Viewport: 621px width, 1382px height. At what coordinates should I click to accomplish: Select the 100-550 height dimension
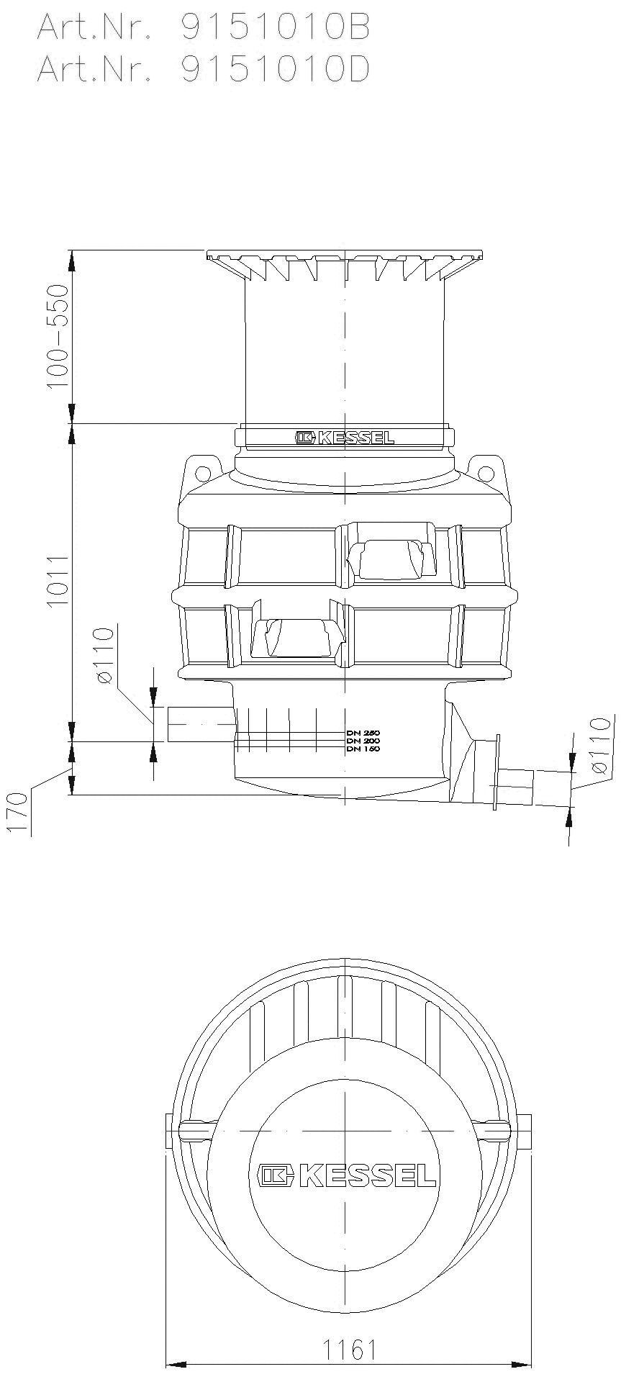pos(57,336)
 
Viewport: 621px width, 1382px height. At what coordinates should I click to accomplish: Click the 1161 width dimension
pos(349,1349)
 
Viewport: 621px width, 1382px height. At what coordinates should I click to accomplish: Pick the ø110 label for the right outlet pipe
pos(601,745)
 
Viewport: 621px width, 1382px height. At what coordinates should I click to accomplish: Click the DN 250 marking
pos(363,733)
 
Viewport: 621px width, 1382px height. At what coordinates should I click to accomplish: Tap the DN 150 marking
pos(363,749)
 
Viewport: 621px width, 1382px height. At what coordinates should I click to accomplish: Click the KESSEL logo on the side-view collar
pos(345,437)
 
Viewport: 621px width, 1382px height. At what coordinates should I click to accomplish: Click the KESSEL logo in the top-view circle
pos(348,1175)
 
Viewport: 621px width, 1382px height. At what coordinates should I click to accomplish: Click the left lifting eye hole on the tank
pos(203,473)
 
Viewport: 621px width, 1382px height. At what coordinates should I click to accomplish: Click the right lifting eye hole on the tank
pos(487,473)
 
